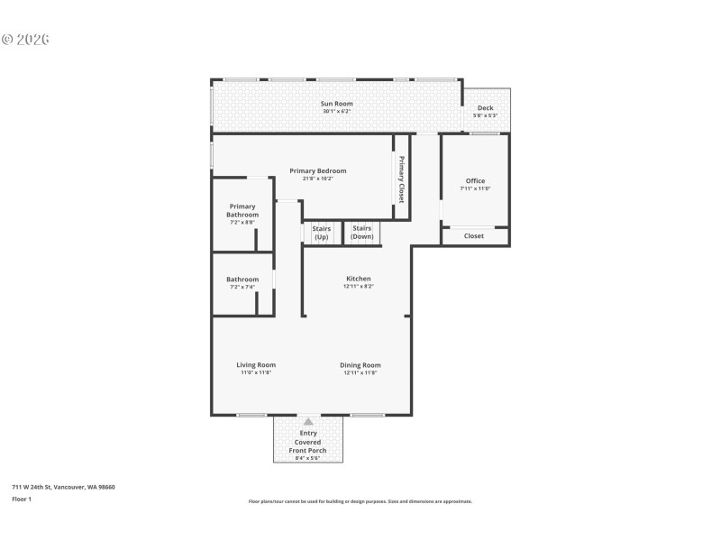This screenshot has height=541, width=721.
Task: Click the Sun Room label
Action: (337, 104)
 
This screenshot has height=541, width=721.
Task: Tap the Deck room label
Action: (485, 108)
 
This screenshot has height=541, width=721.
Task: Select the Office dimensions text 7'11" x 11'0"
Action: (475, 188)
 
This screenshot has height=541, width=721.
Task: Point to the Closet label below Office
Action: (474, 236)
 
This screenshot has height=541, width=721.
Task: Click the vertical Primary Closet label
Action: (402, 180)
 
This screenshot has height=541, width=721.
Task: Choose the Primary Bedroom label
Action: (317, 170)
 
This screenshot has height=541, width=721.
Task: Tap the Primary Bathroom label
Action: (242, 211)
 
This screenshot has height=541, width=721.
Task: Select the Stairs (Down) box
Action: (362, 233)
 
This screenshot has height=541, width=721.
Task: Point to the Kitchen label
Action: (359, 279)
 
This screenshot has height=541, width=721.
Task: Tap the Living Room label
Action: (256, 365)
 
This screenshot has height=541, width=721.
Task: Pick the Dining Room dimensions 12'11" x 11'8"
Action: (360, 372)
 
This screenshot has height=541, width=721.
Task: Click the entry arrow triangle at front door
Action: (308, 420)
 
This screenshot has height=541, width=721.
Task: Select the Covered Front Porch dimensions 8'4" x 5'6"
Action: (308, 458)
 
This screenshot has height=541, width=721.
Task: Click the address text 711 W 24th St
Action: (63, 487)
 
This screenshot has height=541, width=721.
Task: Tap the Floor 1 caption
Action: (22, 499)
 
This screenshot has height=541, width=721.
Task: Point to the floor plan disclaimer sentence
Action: (360, 501)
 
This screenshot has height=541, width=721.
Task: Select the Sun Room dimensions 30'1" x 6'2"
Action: (337, 112)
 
